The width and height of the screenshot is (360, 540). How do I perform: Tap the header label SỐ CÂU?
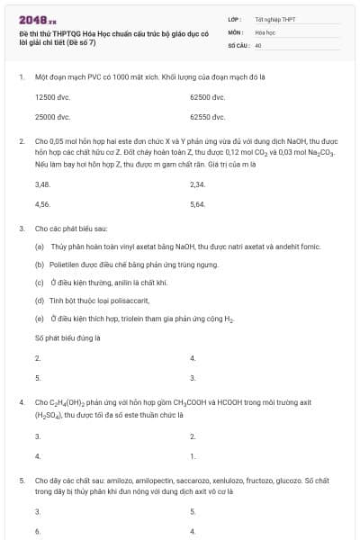pos(238,43)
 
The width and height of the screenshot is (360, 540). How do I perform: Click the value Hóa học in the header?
pos(265,31)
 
